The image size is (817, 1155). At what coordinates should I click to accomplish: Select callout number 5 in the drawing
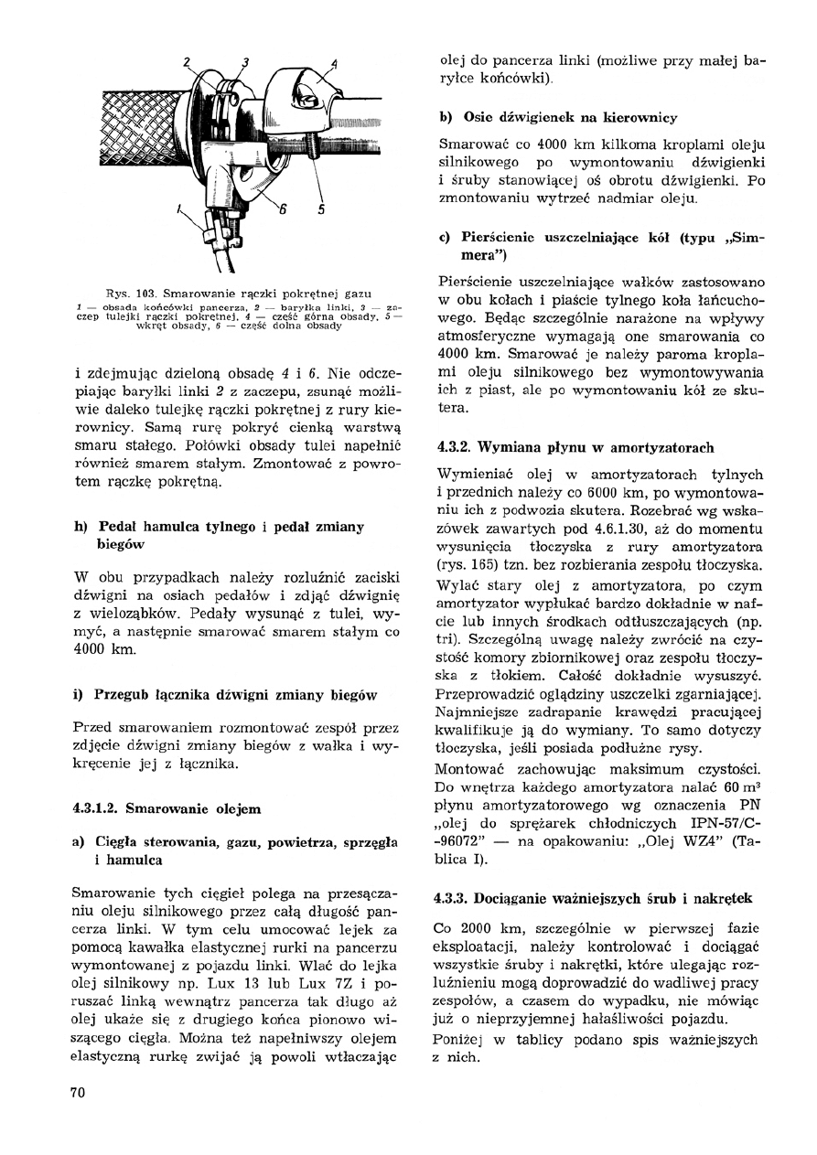(x=321, y=209)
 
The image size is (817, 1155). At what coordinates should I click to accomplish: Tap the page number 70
(x=78, y=1092)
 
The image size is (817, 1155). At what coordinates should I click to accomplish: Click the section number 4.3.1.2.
(x=96, y=808)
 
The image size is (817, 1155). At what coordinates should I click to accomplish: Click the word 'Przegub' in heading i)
(x=124, y=695)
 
